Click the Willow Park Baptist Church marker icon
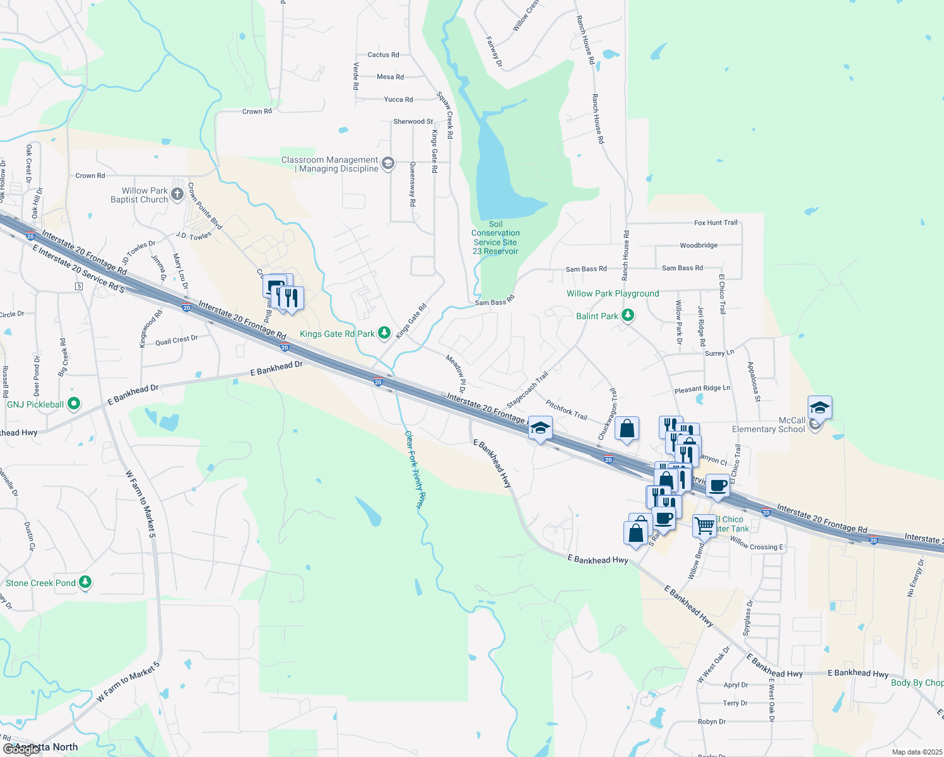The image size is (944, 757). pos(177,194)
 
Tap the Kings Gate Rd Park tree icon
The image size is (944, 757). pos(384,334)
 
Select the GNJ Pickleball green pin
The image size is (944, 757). pos(73,404)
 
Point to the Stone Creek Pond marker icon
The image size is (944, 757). pos(85,583)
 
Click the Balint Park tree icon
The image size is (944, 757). pos(627,315)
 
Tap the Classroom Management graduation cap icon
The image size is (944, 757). pos(388,164)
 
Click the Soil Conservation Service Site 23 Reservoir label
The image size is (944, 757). pos(496,238)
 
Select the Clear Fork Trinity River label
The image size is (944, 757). pos(414,469)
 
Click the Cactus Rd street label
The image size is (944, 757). pos(383,55)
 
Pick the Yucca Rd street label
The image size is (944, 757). pos(398,100)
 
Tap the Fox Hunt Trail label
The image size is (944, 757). pos(716,223)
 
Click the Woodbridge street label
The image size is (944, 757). pos(699,245)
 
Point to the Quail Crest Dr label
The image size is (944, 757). pos(177,340)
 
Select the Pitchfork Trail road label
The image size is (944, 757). pos(567,410)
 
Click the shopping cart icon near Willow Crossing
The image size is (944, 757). pos(704,525)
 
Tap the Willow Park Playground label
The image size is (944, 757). pos(612,293)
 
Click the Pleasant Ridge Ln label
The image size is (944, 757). pos(702,389)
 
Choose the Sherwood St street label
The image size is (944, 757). pos(413,122)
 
